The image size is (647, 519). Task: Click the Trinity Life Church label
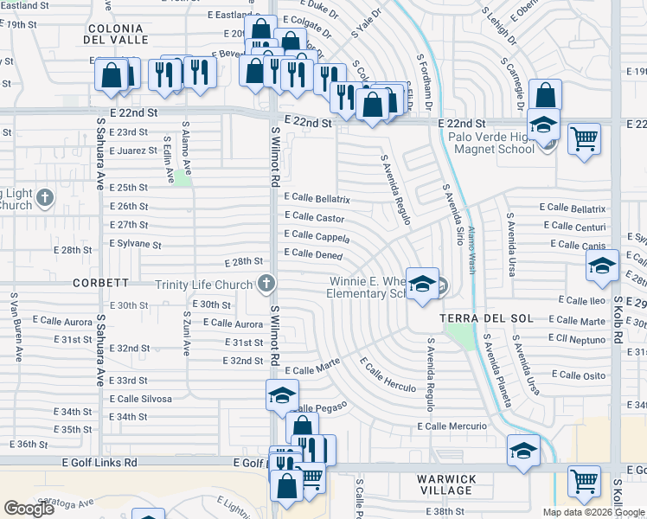pyautogui.click(x=204, y=285)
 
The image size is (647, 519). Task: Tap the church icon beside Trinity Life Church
pyautogui.click(x=267, y=283)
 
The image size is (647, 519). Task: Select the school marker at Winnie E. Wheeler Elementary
pyautogui.click(x=421, y=285)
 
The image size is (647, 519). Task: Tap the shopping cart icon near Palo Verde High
pyautogui.click(x=585, y=138)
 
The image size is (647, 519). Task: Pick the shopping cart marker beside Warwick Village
pyautogui.click(x=585, y=482)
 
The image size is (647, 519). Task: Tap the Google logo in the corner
pyautogui.click(x=29, y=509)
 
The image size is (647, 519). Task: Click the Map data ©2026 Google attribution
pyautogui.click(x=593, y=512)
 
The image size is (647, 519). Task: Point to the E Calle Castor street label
pyautogui.click(x=314, y=218)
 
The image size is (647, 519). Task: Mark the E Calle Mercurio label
pyautogui.click(x=452, y=426)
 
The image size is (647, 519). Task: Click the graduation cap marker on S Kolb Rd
pyautogui.click(x=602, y=267)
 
